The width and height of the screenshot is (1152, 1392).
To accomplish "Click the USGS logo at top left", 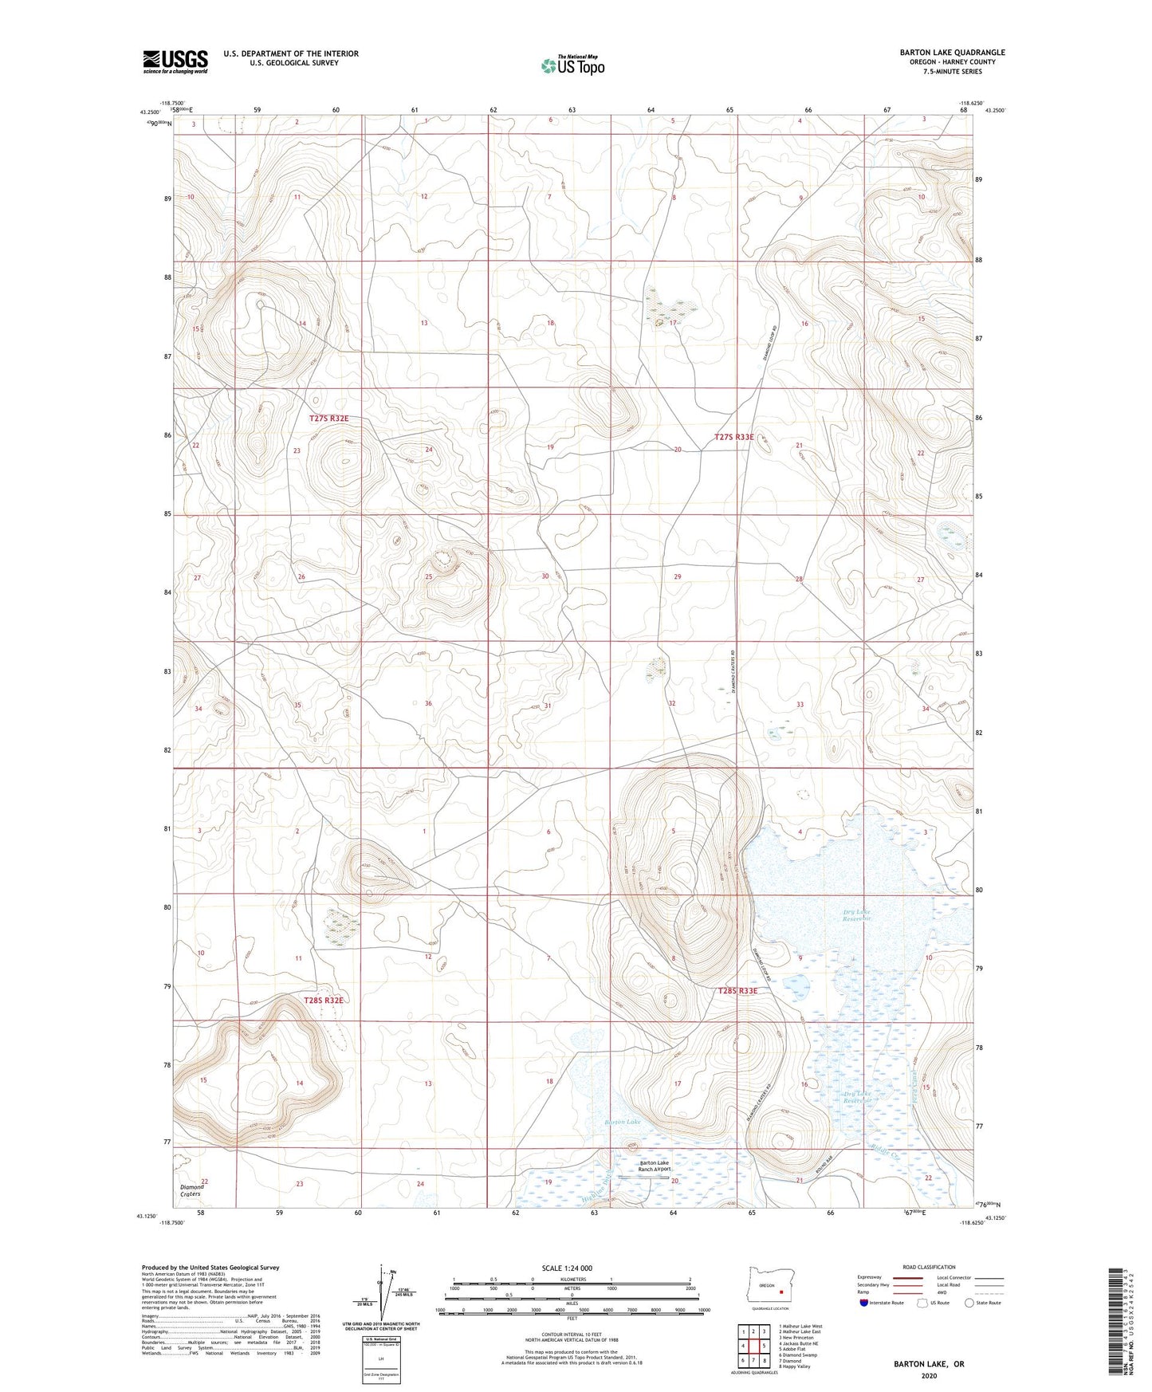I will click(x=175, y=61).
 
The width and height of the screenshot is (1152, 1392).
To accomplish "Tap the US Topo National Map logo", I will click(x=572, y=65).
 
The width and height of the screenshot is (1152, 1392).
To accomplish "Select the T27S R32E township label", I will click(x=329, y=419).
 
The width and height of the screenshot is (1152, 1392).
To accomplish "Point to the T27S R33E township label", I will click(x=734, y=437).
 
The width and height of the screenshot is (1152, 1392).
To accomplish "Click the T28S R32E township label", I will click(x=323, y=1000).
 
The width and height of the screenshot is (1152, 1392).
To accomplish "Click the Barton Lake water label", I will click(x=623, y=1122).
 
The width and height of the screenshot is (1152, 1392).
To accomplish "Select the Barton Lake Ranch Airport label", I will click(x=653, y=1166).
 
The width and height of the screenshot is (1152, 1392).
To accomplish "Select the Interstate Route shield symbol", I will click(x=864, y=1303).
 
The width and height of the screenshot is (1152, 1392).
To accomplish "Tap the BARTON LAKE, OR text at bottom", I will click(x=929, y=1364).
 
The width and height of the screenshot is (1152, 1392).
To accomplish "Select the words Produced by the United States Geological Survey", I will click(x=210, y=1267).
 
